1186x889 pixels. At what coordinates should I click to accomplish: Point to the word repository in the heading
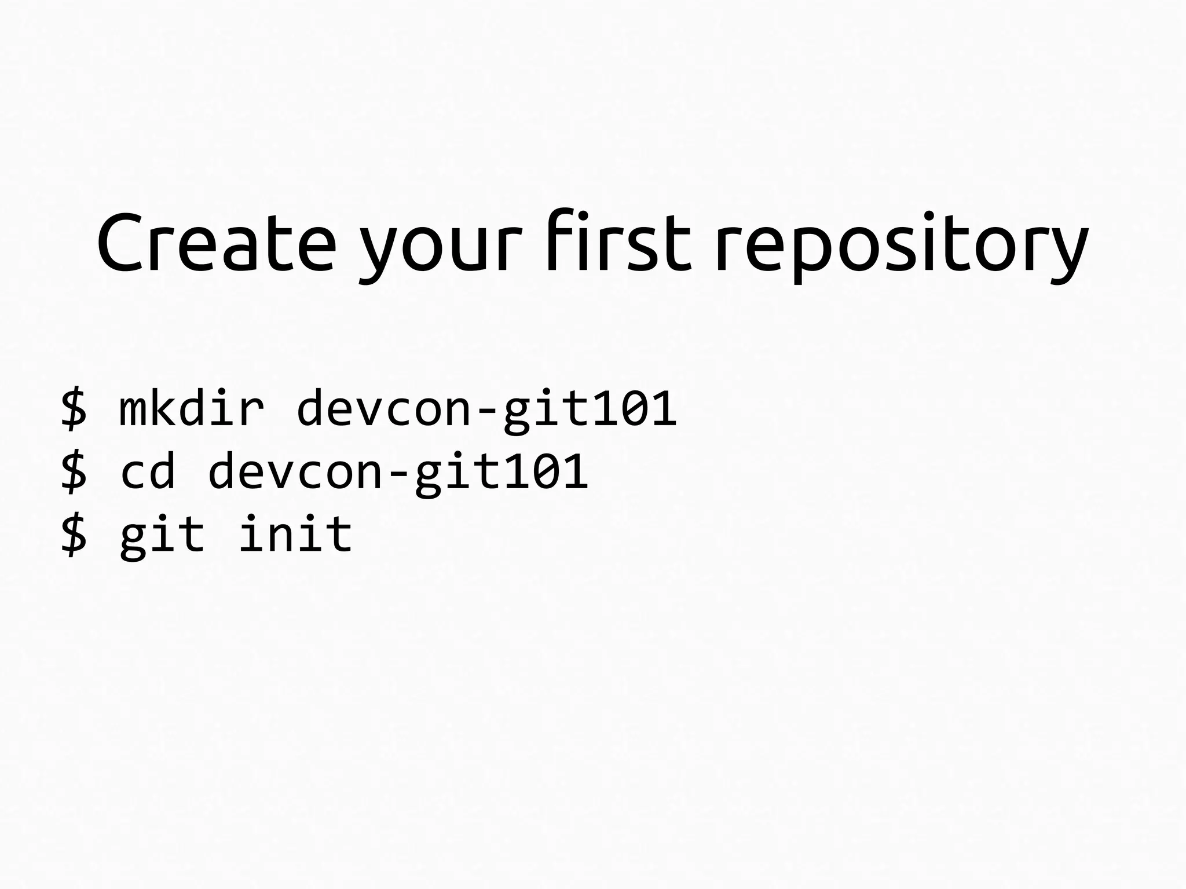[901, 246]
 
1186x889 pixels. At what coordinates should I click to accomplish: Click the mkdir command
[192, 408]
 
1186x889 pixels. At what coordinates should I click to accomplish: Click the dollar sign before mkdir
[74, 409]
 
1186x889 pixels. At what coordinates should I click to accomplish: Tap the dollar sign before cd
[74, 471]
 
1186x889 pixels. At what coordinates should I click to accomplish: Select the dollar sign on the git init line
[74, 535]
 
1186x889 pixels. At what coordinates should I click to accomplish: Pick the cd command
[148, 471]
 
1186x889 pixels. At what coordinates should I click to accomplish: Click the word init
[295, 534]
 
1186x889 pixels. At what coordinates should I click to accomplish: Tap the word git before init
[162, 535]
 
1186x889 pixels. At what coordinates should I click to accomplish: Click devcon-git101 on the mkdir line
[486, 409]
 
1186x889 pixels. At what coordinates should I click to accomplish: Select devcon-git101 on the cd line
[398, 473]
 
